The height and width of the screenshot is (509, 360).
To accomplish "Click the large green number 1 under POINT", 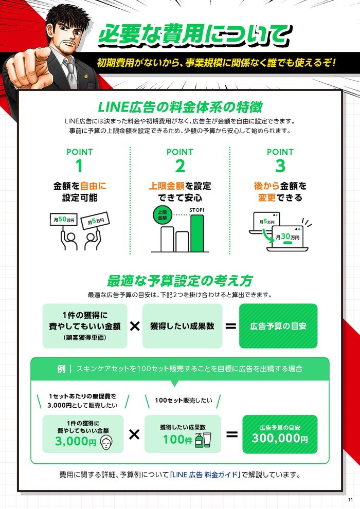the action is (79, 166).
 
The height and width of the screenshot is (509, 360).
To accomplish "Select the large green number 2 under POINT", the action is (180, 166).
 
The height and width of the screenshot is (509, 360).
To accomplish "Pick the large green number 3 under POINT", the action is (280, 166).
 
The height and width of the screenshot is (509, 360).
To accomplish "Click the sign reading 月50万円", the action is (64, 220).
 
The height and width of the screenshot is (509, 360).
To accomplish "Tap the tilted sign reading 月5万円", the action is (96, 221).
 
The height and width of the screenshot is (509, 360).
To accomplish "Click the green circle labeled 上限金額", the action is (163, 214).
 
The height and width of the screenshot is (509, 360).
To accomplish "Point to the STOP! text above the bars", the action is (197, 210).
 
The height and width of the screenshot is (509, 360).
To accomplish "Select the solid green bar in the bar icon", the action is (197, 233).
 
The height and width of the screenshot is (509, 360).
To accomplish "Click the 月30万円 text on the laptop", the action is (287, 237).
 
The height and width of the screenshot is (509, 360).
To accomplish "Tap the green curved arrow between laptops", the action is (268, 235).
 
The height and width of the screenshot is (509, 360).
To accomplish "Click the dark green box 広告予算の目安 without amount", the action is (278, 326).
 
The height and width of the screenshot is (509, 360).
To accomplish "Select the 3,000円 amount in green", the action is (76, 441).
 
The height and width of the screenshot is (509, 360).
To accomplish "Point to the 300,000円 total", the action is (280, 438).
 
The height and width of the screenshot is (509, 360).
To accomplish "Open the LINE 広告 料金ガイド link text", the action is (205, 475).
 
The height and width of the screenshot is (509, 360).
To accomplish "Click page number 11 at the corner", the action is (350, 500).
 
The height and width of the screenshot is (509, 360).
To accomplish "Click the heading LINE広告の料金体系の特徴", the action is (180, 107).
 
